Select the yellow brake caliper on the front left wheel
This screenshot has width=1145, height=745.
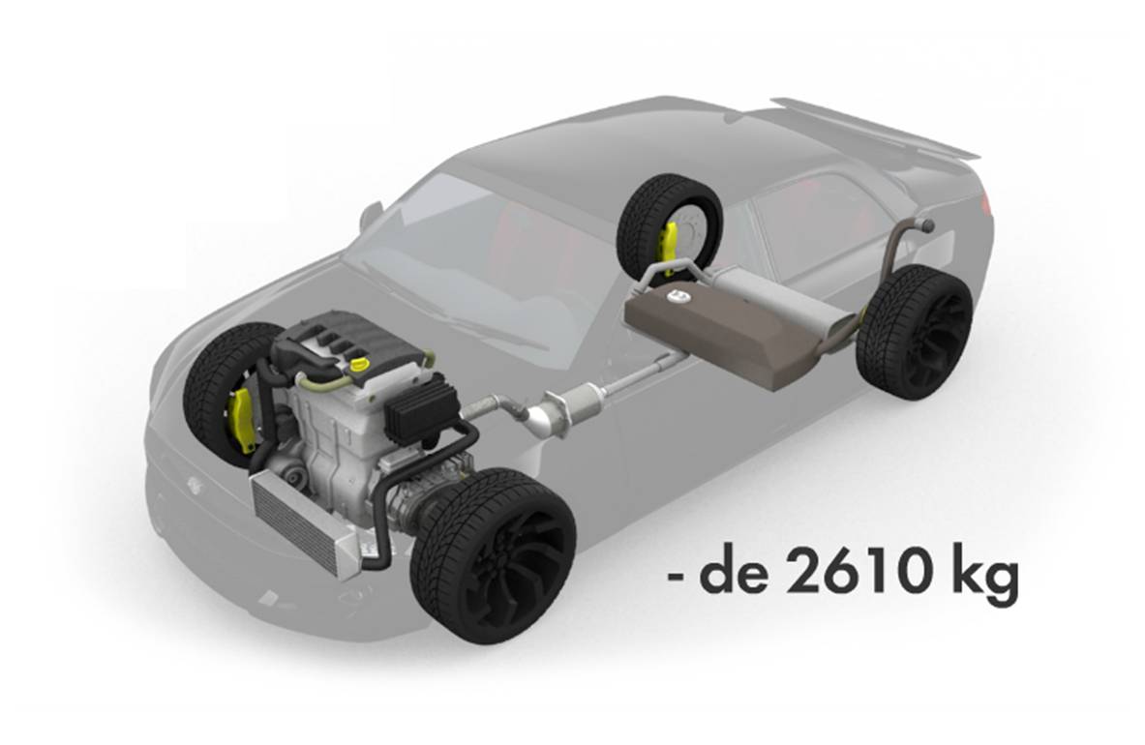click(241, 416)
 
